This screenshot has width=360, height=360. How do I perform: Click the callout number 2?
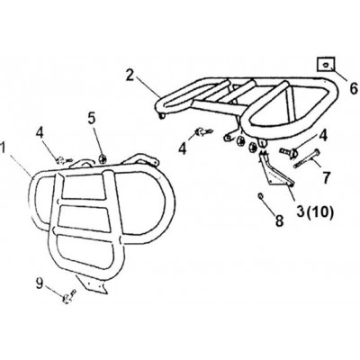[130, 75]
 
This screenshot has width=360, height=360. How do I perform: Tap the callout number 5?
[93, 119]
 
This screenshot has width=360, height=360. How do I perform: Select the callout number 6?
[355, 89]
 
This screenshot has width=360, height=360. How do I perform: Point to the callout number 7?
[327, 177]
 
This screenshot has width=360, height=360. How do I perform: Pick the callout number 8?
[279, 221]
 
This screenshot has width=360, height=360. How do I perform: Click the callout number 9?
[40, 283]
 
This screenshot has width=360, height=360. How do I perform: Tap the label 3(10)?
[315, 212]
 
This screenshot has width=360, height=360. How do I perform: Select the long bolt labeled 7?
[307, 158]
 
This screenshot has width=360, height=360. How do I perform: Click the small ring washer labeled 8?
[261, 196]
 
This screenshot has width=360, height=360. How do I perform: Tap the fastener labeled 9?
[68, 297]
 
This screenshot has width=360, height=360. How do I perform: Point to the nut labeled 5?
[103, 157]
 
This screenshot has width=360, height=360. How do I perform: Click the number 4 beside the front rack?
[40, 134]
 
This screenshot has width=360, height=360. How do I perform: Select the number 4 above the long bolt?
[323, 136]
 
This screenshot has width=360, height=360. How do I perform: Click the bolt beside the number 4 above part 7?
[289, 151]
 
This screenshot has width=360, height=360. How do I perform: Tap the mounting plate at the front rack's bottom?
[92, 283]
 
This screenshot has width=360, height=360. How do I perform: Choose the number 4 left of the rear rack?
[183, 148]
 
